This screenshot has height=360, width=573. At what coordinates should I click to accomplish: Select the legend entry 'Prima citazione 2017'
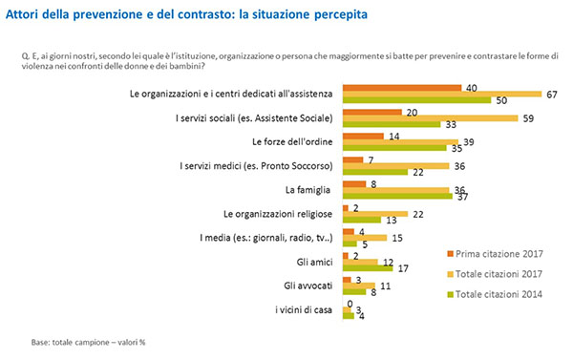click(501, 253)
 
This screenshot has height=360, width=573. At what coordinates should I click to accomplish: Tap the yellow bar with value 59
click(430, 118)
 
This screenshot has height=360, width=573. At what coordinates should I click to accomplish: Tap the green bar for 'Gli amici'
click(367, 267)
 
